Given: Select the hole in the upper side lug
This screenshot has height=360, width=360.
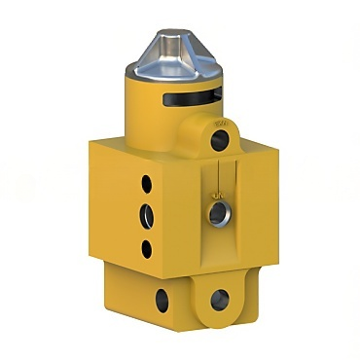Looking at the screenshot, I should (220, 141).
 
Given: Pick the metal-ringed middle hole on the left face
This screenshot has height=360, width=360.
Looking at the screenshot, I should (147, 213).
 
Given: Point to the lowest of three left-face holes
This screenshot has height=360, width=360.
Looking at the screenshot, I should (147, 248).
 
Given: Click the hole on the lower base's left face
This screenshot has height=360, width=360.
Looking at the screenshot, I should (161, 300).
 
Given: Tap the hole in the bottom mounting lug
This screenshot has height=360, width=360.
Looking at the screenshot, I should (220, 299).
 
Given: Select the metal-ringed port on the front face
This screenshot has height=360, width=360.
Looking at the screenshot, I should (219, 212).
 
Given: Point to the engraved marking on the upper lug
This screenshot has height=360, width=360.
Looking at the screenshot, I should (221, 124).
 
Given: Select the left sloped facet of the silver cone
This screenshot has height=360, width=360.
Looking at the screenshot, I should (154, 54).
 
